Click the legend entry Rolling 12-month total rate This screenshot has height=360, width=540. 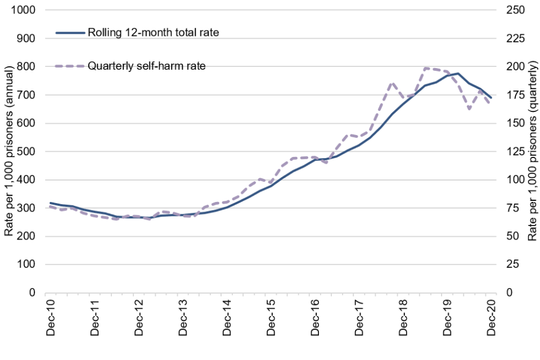pyautogui.click(x=152, y=32)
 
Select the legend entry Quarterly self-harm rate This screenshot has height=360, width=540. pyautogui.click(x=146, y=66)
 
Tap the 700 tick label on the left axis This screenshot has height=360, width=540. pyautogui.click(x=28, y=95)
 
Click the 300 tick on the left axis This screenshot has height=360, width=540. pyautogui.click(x=28, y=208)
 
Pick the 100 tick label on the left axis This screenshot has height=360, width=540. pyautogui.click(x=28, y=264)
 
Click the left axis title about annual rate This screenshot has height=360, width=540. pyautogui.click(x=10, y=152)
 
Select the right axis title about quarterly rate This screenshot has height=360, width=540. pyautogui.click(x=532, y=152)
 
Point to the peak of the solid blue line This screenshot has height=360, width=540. pyautogui.click(x=458, y=74)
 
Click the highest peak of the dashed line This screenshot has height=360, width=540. pyautogui.click(x=426, y=68)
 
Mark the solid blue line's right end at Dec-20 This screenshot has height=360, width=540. pyautogui.click(x=492, y=98)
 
